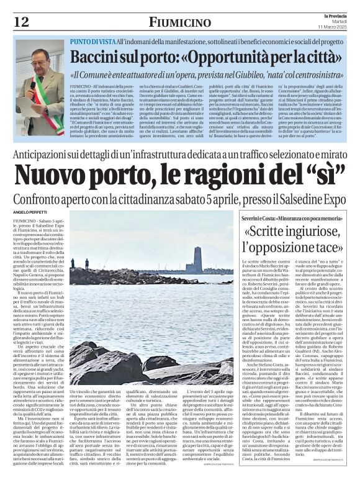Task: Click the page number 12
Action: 21,21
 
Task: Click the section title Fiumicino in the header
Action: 179,22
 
